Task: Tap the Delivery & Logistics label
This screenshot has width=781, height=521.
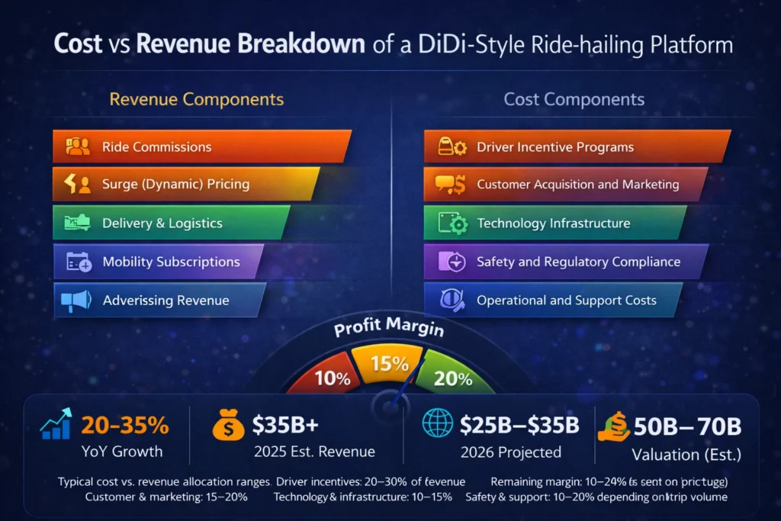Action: pyautogui.click(x=162, y=223)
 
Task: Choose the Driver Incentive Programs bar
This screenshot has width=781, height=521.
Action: pyautogui.click(x=575, y=146)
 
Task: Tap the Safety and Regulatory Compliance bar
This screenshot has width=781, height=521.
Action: pyautogui.click(x=564, y=262)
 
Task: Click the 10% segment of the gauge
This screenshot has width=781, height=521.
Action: pyautogui.click(x=332, y=377)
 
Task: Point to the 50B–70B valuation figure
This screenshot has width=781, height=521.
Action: pyautogui.click(x=687, y=426)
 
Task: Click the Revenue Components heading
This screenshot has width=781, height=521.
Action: pyautogui.click(x=197, y=99)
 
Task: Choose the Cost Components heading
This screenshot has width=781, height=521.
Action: pyautogui.click(x=574, y=99)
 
